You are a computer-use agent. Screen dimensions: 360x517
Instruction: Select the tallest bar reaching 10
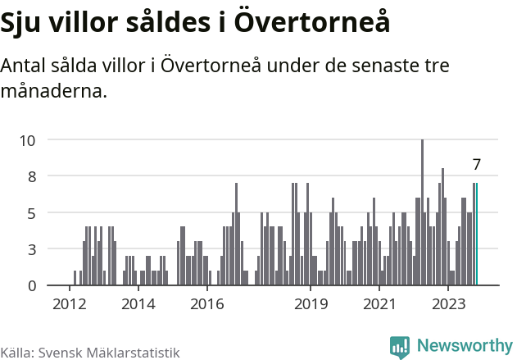422,213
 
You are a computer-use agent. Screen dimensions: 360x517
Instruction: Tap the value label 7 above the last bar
476,165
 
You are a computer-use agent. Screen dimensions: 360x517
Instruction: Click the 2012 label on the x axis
69,305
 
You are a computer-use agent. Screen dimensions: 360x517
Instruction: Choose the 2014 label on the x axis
138,305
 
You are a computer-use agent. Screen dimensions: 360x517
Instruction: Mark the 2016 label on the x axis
207,305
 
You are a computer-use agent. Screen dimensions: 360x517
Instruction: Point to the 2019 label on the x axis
311,305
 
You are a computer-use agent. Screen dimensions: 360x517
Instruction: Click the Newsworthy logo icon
400,347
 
